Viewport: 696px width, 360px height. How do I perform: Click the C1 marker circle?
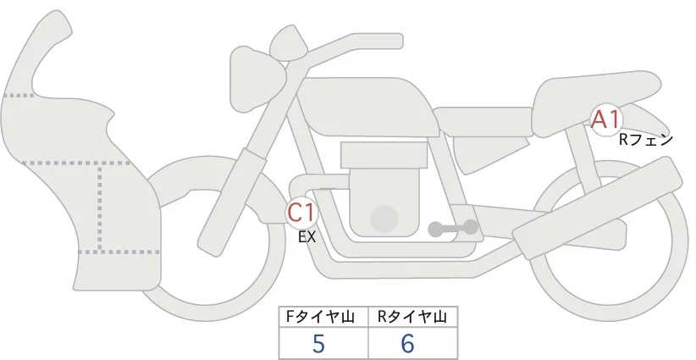302,212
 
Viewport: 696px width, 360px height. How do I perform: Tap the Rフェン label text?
645,139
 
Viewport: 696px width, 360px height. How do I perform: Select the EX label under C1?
307,238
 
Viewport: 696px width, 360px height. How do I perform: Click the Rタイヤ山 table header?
412,317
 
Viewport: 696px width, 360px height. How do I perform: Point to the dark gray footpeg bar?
454,228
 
